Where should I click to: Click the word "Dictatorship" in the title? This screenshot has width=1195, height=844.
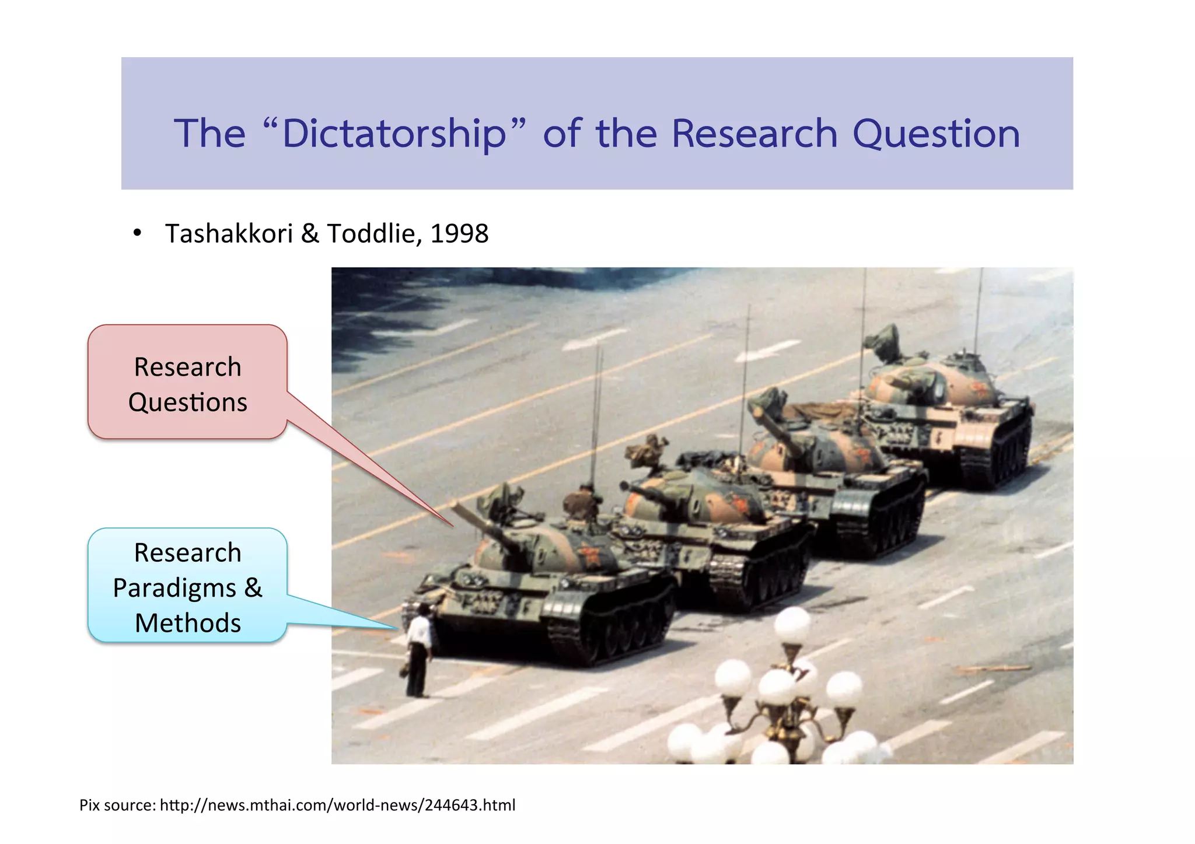394,134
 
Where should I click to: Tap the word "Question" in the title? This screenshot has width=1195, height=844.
936,134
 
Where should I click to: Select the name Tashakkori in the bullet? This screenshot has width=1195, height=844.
229,234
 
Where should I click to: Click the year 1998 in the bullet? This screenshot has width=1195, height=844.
459,234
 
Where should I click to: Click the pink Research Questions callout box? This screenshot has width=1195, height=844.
187,382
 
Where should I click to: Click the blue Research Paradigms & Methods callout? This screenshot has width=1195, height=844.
187,586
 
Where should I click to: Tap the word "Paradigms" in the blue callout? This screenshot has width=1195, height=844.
174,588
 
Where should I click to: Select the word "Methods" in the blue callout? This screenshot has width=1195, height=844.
187,623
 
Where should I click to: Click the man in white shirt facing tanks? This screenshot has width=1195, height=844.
418,650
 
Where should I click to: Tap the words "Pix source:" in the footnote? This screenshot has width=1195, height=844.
117,806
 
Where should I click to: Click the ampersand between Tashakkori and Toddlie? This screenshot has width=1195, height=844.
310,234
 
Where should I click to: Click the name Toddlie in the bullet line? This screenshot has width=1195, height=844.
371,234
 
